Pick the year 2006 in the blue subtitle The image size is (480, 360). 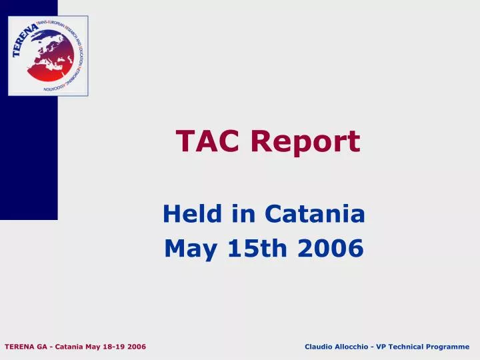point(331,249)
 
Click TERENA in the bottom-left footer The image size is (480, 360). point(19,347)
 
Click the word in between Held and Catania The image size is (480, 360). point(246,214)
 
